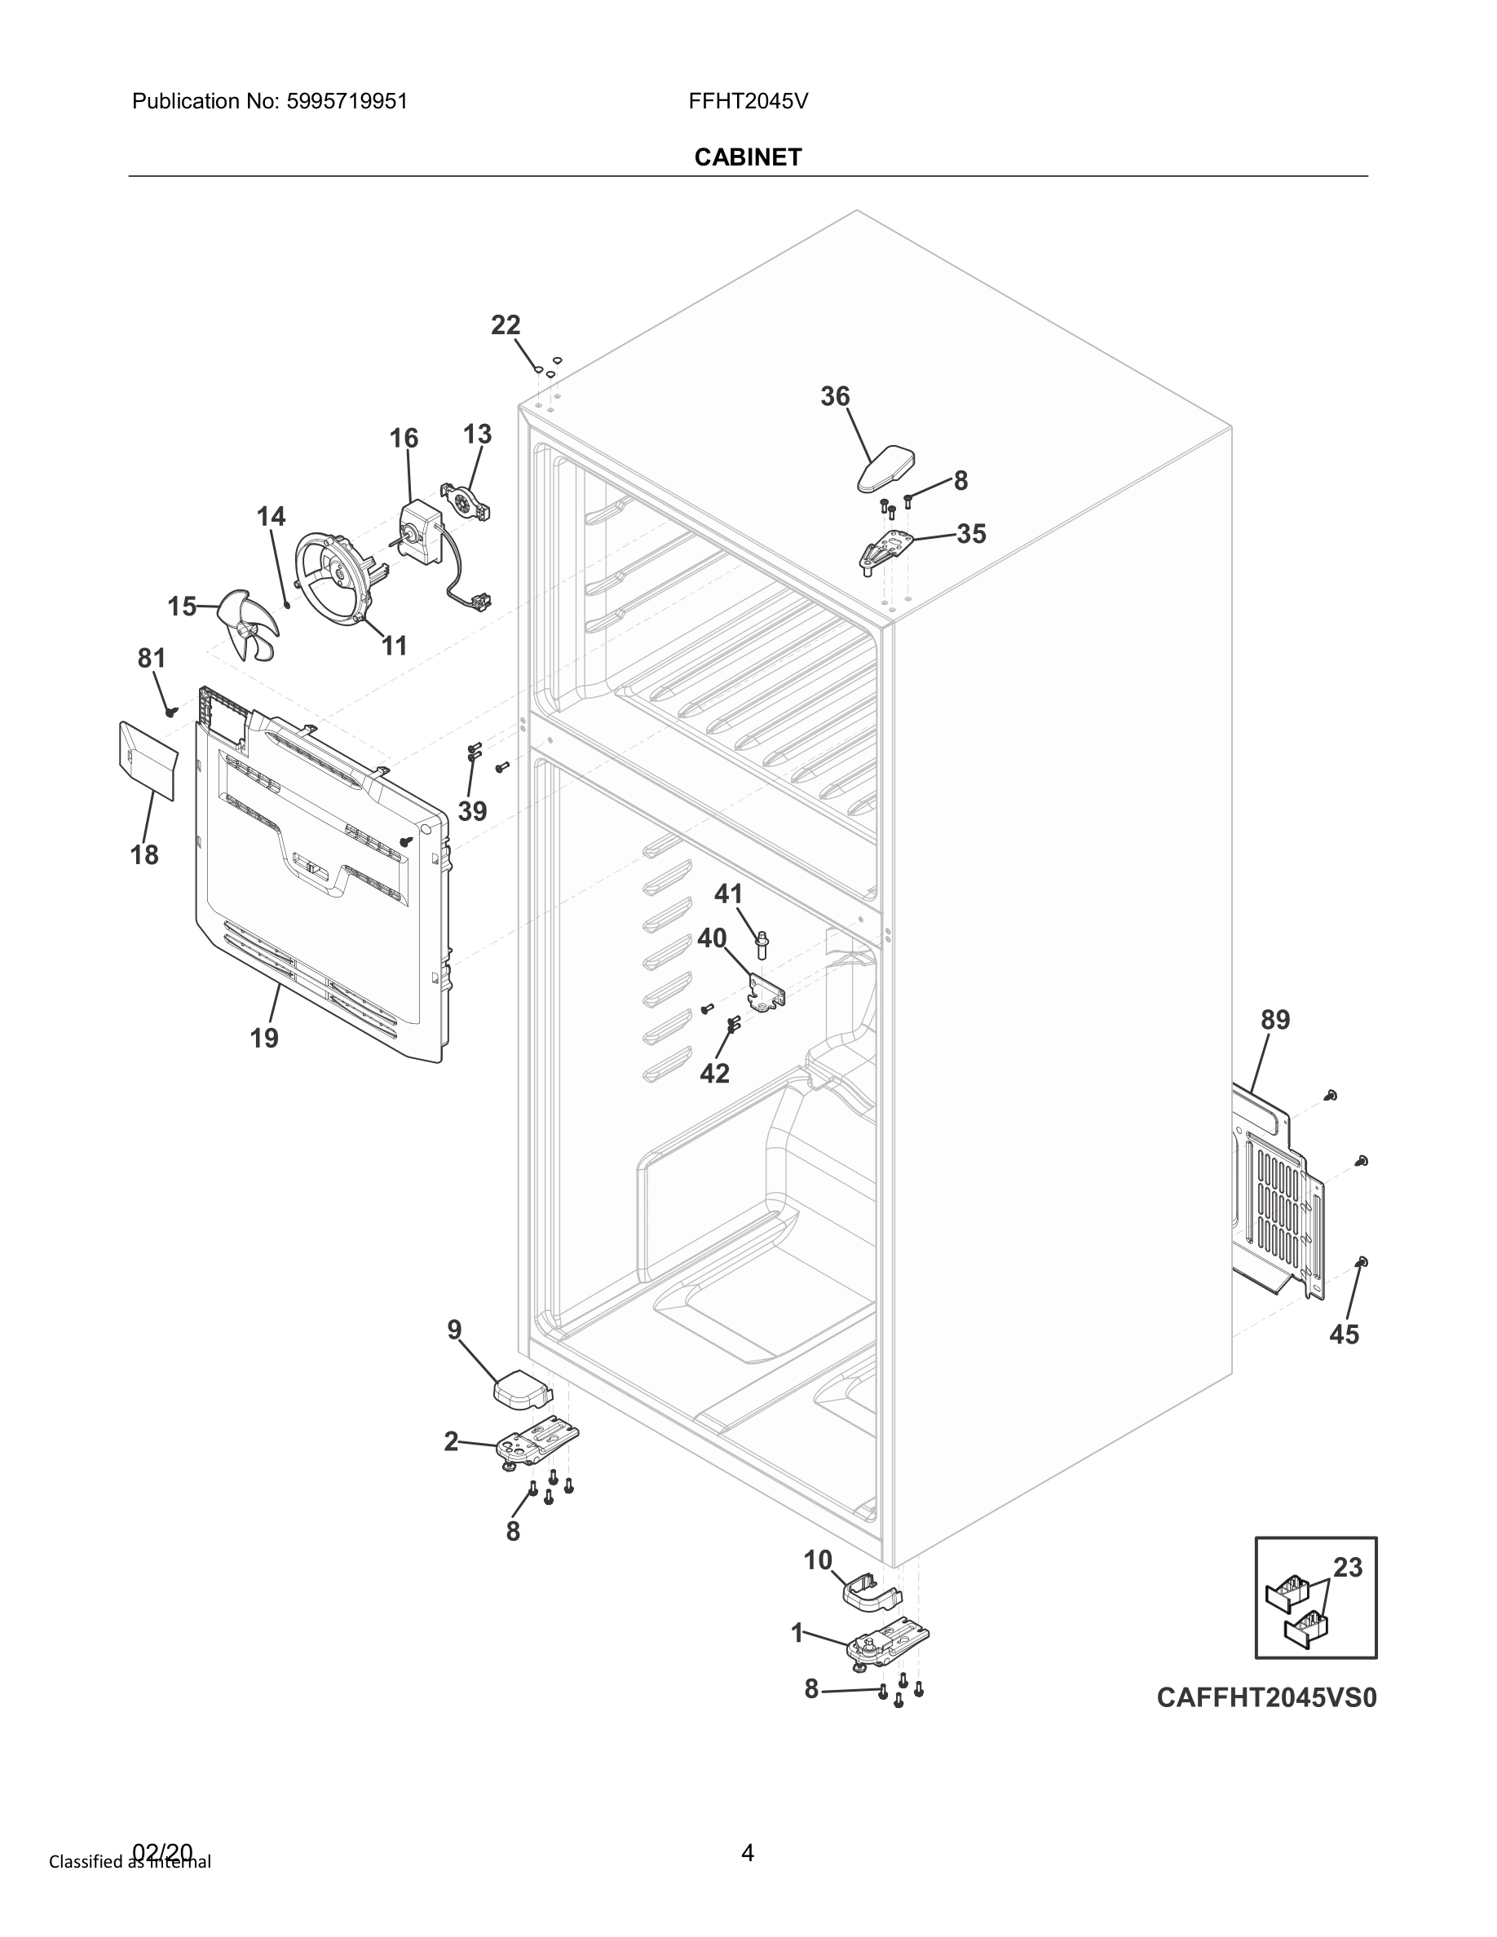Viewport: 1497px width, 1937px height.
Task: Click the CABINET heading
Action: coord(748,157)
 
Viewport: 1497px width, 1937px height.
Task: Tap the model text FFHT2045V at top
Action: coord(748,101)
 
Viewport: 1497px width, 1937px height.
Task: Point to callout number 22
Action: coord(506,325)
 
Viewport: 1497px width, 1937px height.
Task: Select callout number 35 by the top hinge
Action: coord(971,534)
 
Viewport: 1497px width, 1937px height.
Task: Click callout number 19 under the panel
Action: coord(264,1038)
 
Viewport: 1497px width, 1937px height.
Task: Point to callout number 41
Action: coord(728,894)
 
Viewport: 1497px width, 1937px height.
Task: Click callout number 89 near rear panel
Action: coord(1275,1020)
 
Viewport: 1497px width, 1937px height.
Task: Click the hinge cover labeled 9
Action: coord(522,1391)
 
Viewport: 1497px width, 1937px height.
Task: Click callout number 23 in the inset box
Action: coord(1347,1567)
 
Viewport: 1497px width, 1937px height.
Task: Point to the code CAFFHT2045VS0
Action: coord(1265,1697)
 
